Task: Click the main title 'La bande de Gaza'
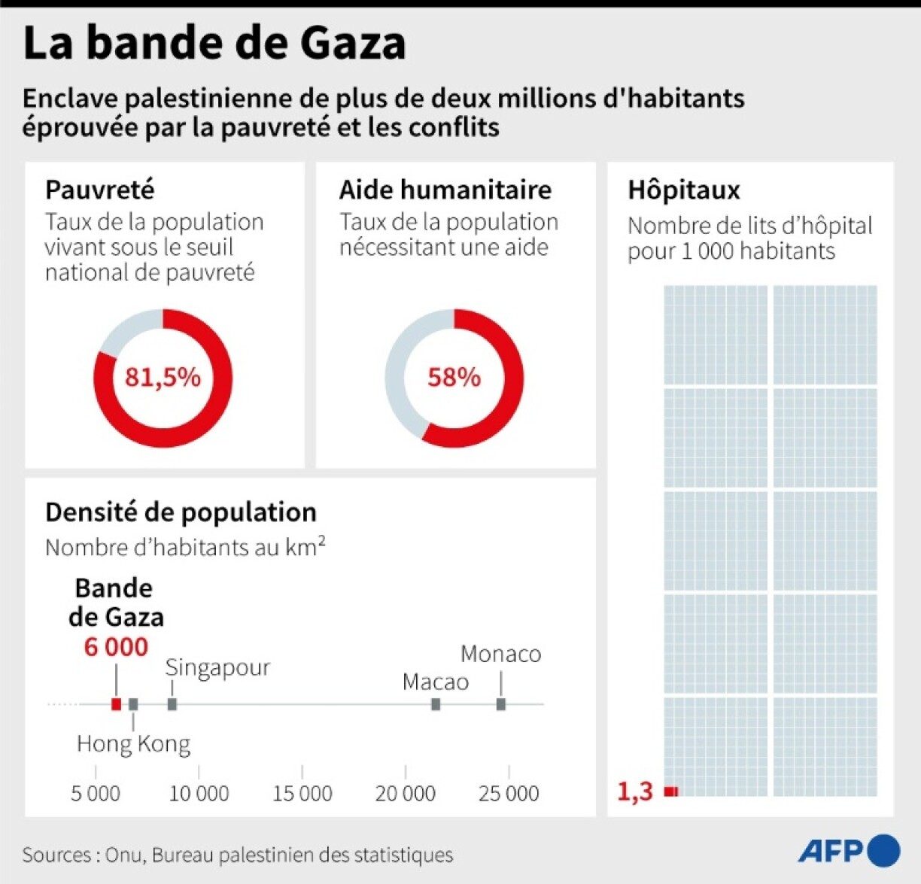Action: click(214, 43)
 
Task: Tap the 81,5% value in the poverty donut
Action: click(163, 377)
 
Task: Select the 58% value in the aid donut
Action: click(454, 377)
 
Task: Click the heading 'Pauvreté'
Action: click(99, 190)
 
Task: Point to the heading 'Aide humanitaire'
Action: click(445, 190)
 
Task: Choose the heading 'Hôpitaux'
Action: click(684, 190)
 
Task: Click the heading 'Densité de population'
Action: click(181, 512)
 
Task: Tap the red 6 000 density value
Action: click(116, 647)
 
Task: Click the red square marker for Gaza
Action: click(116, 704)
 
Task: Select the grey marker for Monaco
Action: click(501, 704)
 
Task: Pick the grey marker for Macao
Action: click(436, 704)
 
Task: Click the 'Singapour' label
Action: click(217, 667)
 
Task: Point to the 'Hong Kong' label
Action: click(133, 744)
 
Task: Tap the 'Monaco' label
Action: click(500, 654)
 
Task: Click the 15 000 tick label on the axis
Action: click(302, 793)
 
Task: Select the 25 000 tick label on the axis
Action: click(509, 793)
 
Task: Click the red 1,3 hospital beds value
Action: click(635, 791)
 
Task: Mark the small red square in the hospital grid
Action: click(671, 791)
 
